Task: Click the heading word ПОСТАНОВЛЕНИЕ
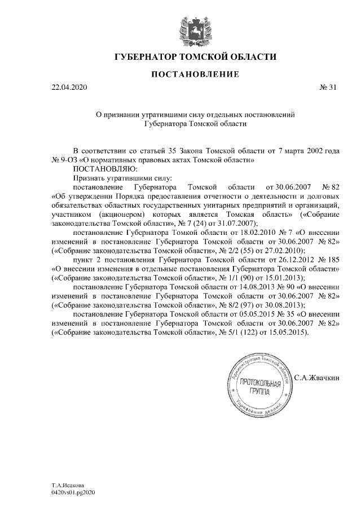(195, 74)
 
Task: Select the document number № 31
(328, 88)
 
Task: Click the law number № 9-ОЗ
(65, 160)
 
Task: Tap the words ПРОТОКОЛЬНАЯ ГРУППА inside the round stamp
(260, 387)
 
